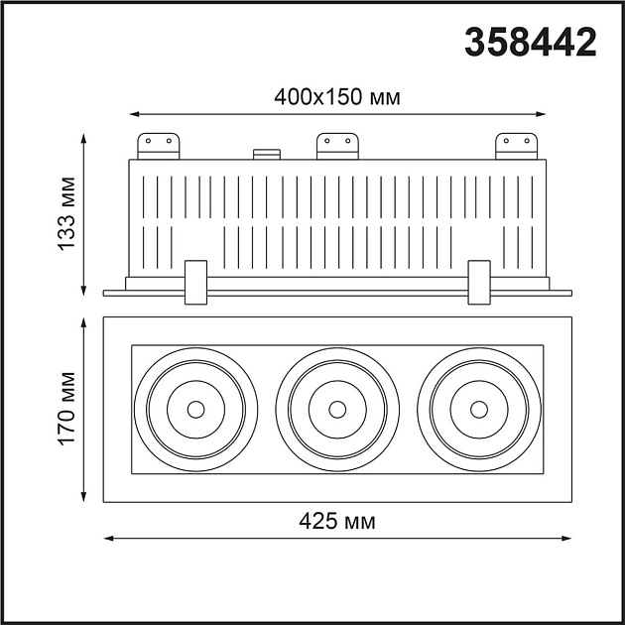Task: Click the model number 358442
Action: click(x=531, y=42)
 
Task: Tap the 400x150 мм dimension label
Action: click(x=337, y=97)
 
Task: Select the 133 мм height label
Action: click(x=66, y=213)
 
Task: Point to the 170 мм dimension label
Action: click(x=66, y=409)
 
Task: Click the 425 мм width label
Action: click(x=337, y=521)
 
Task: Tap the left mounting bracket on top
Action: click(x=159, y=146)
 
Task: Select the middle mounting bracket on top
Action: click(x=337, y=146)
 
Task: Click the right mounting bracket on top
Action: click(x=516, y=146)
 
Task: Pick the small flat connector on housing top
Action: click(x=267, y=154)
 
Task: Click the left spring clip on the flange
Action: click(x=195, y=283)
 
